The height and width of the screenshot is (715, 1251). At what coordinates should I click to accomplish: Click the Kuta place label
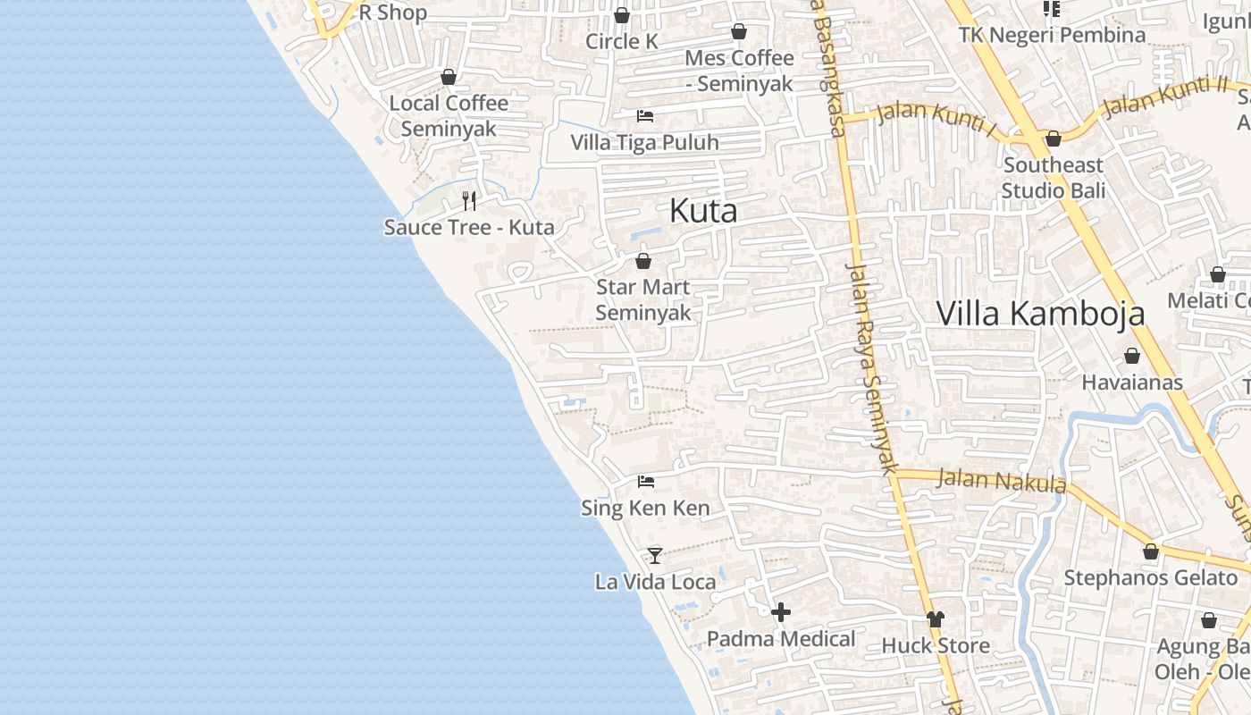point(703,211)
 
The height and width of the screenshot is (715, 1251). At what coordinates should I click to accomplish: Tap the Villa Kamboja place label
point(1040,314)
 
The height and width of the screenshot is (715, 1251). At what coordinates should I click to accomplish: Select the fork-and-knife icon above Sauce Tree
point(469,200)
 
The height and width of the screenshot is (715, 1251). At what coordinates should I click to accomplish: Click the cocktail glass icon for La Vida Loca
point(655,555)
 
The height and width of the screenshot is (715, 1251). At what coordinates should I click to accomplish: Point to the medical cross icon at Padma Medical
point(781,612)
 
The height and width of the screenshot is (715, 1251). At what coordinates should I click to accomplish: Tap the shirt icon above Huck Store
point(936,618)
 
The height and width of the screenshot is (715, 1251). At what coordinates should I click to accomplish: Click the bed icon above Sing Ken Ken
point(645,482)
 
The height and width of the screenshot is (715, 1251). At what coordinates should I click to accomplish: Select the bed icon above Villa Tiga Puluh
point(644,115)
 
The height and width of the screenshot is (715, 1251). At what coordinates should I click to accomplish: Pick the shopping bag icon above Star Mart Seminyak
point(642,261)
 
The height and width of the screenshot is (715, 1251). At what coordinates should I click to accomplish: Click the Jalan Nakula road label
point(1001,481)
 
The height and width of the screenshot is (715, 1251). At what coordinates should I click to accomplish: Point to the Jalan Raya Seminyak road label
point(872,366)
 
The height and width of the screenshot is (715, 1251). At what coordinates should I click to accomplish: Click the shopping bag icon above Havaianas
point(1131,356)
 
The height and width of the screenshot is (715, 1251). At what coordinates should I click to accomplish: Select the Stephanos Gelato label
point(1150,577)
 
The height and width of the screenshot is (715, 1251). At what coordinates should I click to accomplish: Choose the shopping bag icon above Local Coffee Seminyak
point(449,77)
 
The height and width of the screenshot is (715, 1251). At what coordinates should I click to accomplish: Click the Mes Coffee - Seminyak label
point(739,71)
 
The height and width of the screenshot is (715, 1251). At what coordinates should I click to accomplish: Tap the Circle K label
point(621,41)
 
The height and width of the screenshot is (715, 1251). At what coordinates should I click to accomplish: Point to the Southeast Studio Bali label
point(1053,178)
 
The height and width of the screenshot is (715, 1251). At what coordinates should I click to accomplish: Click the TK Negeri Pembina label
point(1052,35)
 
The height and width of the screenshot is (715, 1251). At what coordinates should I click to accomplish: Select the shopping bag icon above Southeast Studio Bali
point(1053,139)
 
